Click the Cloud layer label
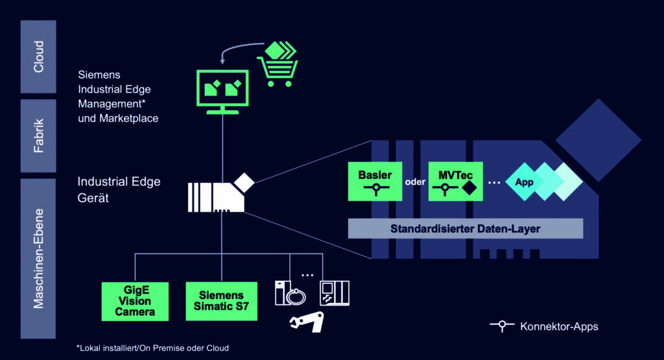tap(38, 56)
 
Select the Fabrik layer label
tap(38, 136)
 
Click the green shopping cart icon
tap(279, 66)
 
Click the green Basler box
tap(375, 182)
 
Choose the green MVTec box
tap(455, 182)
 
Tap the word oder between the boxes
tap(415, 182)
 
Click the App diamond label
tap(524, 182)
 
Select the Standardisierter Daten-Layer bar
tap(466, 228)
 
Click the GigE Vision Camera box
tap(135, 301)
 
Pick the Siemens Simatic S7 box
tap(221, 301)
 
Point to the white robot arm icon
tap(306, 322)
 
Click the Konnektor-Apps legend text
tap(559, 326)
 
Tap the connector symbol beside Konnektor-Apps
tap(502, 326)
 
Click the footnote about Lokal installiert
tap(152, 348)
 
